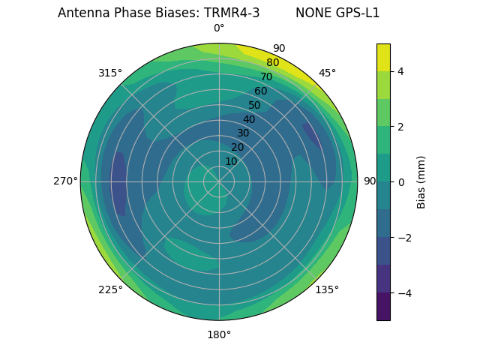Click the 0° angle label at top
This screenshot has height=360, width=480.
pos(219,28)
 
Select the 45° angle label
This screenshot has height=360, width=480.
pos(327,73)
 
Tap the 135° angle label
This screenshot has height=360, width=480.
pos(327,289)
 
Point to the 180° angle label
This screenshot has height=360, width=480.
pos(219,334)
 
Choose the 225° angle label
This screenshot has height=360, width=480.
pos(110,289)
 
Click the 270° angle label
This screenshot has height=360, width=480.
pos(65,181)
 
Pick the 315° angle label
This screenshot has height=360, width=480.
pos(110,73)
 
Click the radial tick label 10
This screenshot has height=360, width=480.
pos(231,161)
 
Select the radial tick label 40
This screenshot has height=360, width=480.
pos(249,119)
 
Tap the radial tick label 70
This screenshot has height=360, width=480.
pos(266,76)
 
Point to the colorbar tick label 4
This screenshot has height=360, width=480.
pos(400,71)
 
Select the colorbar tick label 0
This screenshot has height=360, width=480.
pos(400,182)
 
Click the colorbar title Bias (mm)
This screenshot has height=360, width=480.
pos(421,182)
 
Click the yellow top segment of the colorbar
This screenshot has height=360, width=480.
pos(383,57)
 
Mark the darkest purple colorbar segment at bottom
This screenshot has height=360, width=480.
pos(383,307)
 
